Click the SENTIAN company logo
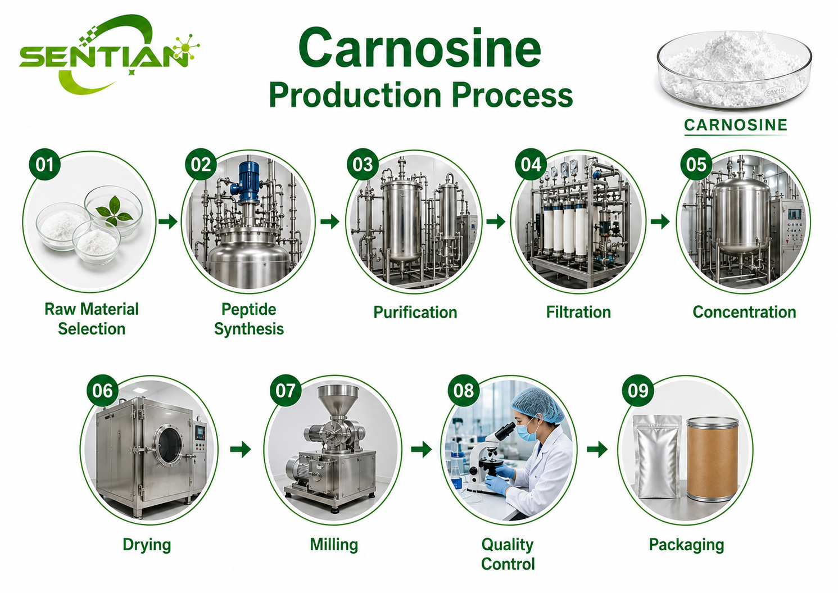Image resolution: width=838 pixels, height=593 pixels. point(108,55)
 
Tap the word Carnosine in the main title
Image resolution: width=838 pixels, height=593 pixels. point(420,49)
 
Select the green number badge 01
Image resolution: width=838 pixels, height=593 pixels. point(44,165)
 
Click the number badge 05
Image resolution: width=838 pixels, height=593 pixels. point(696,165)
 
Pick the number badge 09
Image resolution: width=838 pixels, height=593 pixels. point(638,391)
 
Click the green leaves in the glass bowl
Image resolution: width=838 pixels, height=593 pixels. point(113,211)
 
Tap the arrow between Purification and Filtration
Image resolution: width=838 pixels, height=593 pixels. point(496,221)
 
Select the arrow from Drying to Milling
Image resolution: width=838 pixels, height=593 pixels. point(240,449)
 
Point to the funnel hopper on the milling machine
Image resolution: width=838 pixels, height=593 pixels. point(338,400)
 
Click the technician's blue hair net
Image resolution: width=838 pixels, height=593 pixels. point(538,405)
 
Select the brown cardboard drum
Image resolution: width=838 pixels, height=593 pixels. point(713,459)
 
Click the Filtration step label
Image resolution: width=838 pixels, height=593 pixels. point(578,312)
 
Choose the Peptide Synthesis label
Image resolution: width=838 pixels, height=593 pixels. point(249,319)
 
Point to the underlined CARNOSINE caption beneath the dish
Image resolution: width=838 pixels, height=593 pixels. point(736,125)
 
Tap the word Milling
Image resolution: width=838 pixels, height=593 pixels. point(334,545)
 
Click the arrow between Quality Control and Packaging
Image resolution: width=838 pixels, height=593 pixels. point(597,449)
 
